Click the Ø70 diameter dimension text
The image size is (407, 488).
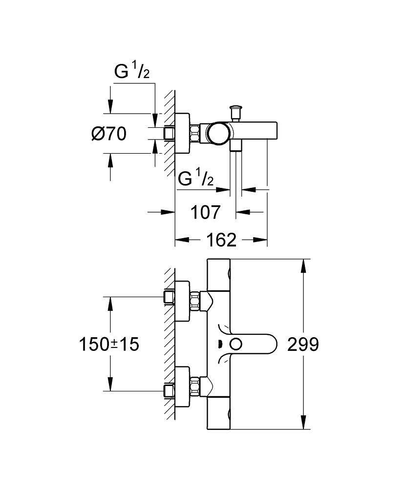(108, 133)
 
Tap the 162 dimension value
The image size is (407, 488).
(221, 240)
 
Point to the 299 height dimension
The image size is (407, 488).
(302, 345)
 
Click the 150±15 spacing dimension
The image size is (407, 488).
(109, 345)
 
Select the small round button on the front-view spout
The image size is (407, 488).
(236, 345)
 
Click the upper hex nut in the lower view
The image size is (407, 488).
(196, 301)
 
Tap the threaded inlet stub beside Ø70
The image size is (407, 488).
(170, 133)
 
